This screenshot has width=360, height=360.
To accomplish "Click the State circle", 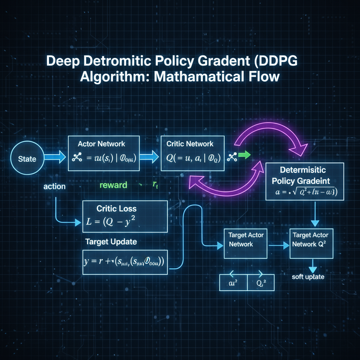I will [27, 159].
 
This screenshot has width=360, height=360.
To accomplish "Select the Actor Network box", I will [104, 154].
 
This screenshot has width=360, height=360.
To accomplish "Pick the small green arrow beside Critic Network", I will [243, 155].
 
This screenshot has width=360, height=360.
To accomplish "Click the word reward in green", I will [113, 185].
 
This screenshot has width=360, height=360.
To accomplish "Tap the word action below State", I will [54, 186].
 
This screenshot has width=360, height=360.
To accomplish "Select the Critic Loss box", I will [125, 216].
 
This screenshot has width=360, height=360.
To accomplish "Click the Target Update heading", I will [111, 242].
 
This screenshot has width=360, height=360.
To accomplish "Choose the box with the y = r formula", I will [125, 262].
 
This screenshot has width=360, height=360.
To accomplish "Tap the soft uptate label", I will [308, 277].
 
